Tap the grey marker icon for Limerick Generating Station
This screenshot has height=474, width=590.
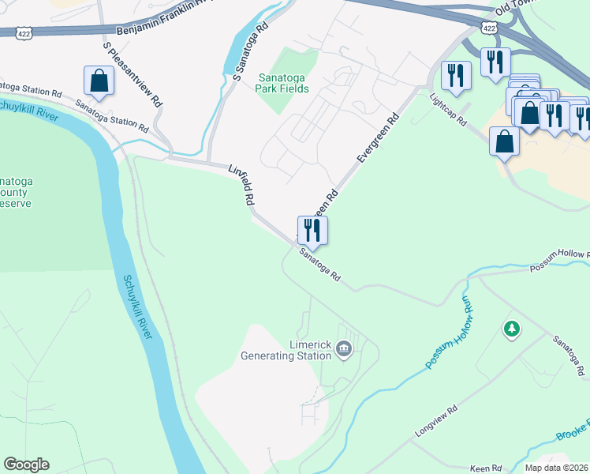tap(343, 348)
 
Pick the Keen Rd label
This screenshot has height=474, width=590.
tap(485, 468)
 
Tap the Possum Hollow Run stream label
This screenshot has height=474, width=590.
tap(448, 333)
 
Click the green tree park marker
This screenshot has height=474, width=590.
tap(511, 328)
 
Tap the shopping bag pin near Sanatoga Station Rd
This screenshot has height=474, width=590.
tap(99, 81)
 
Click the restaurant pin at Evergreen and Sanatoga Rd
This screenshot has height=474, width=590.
tap(312, 230)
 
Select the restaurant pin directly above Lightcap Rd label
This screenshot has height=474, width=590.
tap(456, 76)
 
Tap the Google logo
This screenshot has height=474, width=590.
tap(27, 465)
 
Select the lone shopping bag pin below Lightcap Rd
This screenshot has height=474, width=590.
tap(504, 142)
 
